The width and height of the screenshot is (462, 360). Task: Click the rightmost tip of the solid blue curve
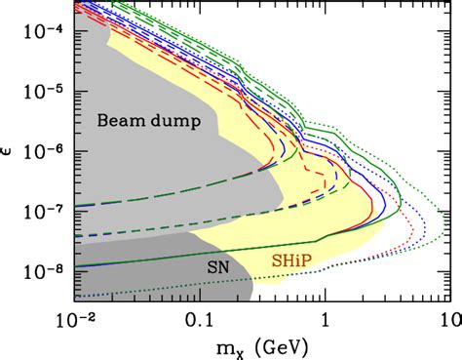[x=388, y=207]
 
